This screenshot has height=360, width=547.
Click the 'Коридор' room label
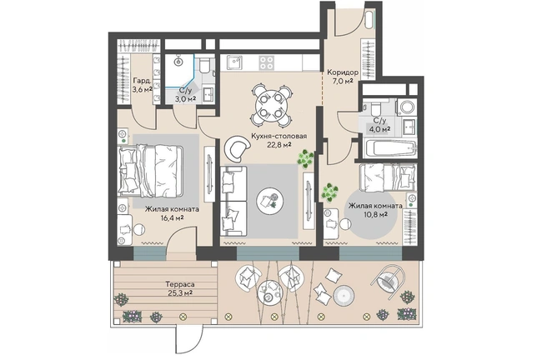point(342,72)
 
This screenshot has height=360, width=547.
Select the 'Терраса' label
point(179,285)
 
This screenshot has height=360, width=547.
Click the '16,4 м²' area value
point(172,218)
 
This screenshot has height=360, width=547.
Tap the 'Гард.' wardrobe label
point(142,81)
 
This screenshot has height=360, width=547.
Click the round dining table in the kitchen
point(270,105)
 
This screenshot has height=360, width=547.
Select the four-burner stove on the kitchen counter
point(266,63)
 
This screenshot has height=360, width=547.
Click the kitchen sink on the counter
point(234,62)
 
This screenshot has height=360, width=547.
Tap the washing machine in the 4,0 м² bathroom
point(406,107)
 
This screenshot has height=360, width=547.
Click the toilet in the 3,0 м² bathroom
point(206,65)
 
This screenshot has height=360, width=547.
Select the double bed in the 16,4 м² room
point(151,170)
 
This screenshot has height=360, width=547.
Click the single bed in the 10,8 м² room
point(388,177)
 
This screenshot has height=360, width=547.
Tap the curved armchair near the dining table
point(238,147)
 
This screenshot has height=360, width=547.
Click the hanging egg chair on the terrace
point(388,279)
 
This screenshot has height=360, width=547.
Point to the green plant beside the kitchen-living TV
point(305,158)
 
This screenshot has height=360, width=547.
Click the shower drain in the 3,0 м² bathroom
point(179,62)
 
